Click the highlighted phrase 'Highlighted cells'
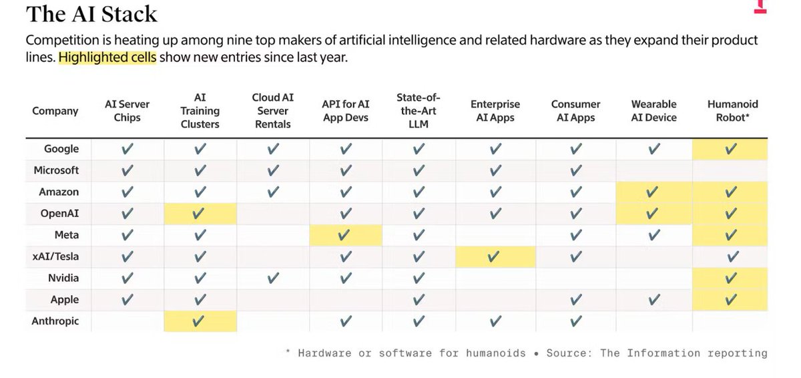107,57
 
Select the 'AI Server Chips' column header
127,111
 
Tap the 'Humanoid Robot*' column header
732,111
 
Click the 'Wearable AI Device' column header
653,111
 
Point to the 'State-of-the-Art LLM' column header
419,111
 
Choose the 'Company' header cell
55,111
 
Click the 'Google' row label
62,149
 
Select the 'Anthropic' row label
55,321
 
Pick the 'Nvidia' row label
64,278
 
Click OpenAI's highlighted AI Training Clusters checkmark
200,214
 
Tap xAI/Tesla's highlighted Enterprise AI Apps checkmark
494,256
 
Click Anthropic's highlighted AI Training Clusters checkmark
200,321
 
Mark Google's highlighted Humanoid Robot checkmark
731,149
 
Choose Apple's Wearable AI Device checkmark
653,300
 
